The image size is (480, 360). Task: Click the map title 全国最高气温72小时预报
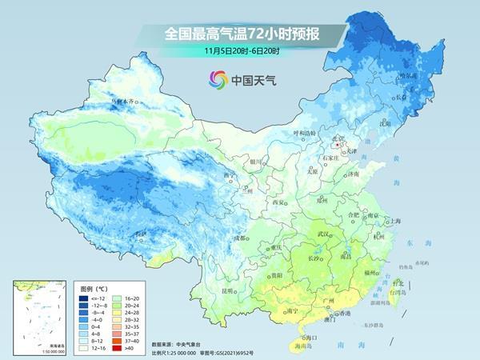[241, 34]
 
